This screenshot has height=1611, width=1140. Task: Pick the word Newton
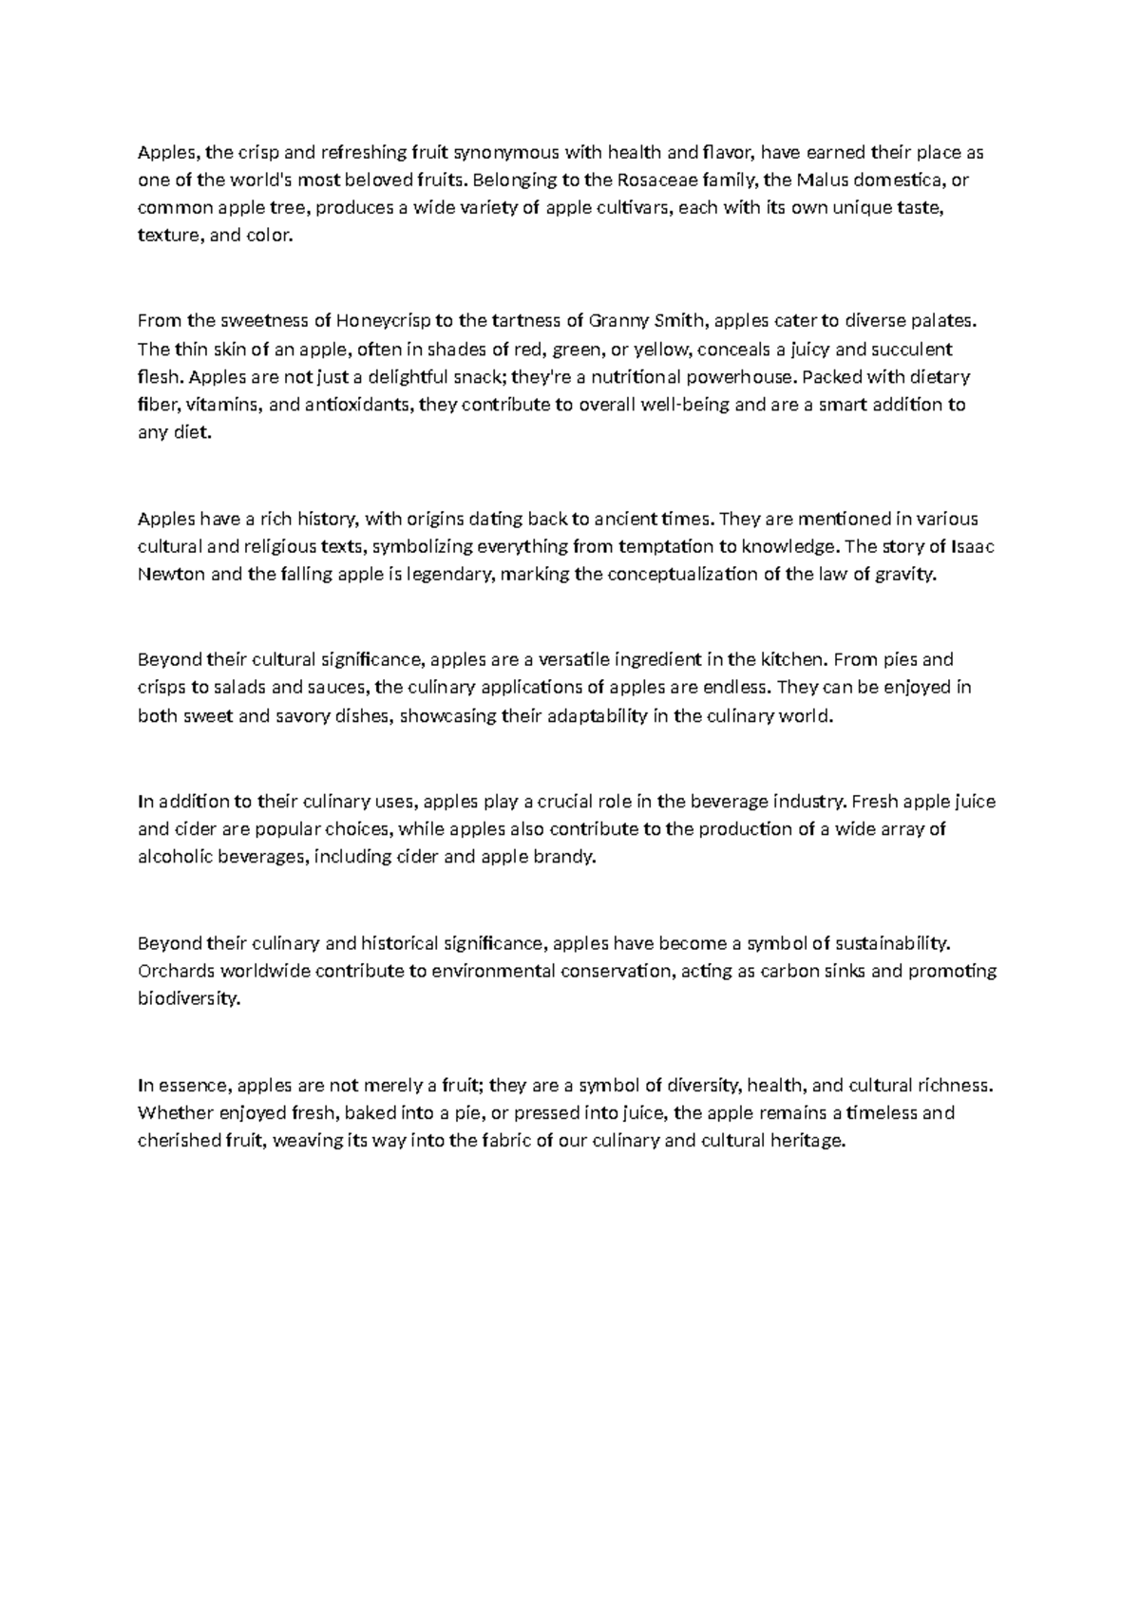171,575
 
